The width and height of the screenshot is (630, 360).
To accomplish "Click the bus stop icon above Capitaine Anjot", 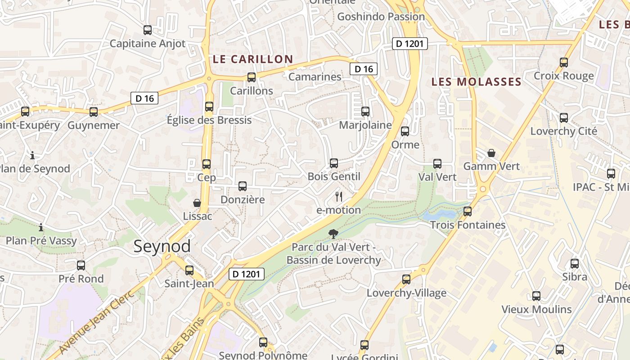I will point(147,30).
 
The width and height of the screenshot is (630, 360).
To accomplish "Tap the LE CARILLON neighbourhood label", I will point(252,59).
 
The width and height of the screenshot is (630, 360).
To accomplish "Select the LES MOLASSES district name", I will point(476,82).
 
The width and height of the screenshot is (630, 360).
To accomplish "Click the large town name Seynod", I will point(162,246).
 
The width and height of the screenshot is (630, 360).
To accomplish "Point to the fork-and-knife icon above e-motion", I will point(339,196).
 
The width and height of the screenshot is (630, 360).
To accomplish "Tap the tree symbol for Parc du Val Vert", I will point(333,234).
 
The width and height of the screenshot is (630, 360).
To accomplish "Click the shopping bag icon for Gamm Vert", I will point(491,153).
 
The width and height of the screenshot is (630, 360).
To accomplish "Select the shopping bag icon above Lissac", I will point(197,203).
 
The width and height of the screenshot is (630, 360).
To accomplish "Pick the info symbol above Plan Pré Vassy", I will point(41,227).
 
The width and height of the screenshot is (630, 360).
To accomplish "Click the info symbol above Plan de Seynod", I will point(32,156).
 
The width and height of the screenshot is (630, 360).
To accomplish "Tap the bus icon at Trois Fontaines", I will point(468,211).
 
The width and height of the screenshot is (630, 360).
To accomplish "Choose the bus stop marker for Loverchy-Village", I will point(406,279).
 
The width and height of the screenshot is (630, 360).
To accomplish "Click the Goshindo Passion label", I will point(381,17).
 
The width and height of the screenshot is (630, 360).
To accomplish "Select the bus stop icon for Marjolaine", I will point(365,111).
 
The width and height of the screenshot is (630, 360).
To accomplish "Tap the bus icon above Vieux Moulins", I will point(536,296).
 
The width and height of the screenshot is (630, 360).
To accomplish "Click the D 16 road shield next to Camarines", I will point(364,69).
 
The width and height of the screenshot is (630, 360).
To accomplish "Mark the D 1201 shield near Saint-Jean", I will point(246,274).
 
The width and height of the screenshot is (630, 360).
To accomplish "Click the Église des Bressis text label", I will point(209,120).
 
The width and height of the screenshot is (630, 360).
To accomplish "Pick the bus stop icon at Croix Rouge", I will point(564,62).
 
